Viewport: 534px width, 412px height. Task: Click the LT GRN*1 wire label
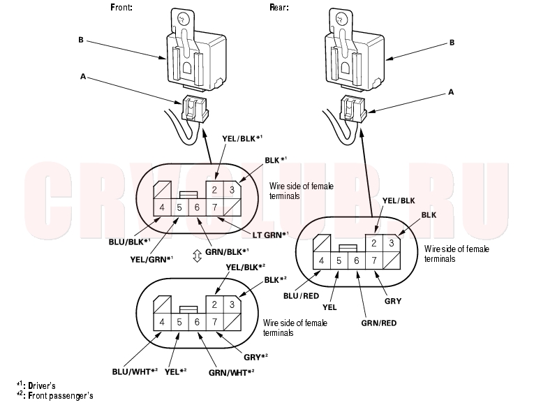click(270, 235)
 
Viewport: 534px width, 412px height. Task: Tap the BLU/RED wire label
click(301, 296)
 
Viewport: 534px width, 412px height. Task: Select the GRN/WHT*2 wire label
click(232, 373)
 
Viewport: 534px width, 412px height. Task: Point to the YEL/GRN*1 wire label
click(151, 259)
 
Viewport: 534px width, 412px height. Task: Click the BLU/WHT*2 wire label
click(135, 371)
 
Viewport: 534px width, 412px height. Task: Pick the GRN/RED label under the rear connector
click(379, 323)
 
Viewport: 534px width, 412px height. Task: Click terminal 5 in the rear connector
click(339, 260)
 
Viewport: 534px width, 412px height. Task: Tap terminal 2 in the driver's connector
click(214, 189)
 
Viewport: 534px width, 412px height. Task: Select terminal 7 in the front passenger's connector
click(214, 322)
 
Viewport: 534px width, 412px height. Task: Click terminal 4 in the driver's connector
click(162, 207)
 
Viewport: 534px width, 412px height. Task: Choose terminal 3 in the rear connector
click(392, 243)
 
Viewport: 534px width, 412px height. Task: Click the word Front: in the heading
click(121, 7)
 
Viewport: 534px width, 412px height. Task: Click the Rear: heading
click(279, 7)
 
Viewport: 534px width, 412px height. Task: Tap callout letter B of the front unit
click(81, 40)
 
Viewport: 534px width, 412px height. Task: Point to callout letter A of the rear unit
click(451, 92)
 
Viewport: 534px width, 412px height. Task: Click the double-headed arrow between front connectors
click(197, 256)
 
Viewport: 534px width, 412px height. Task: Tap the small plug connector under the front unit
click(195, 108)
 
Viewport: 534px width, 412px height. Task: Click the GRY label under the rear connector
click(393, 301)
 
